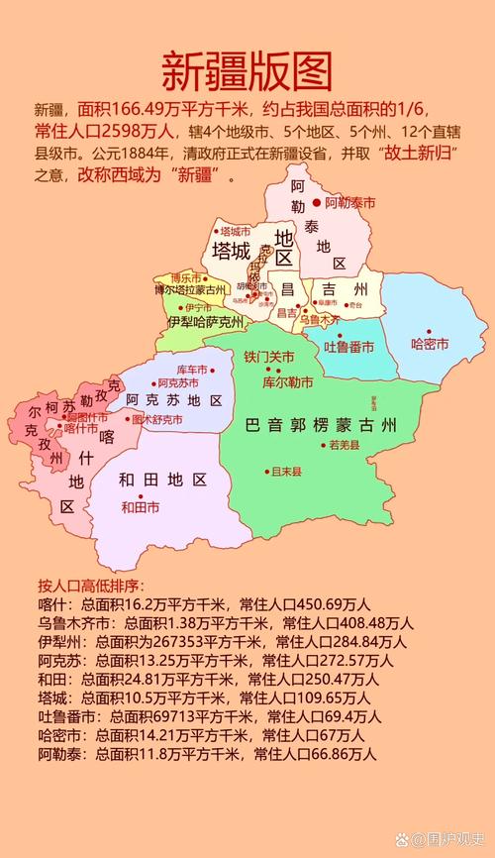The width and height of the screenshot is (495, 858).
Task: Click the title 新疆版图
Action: tap(247, 71)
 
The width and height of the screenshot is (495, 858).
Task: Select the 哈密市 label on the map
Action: tap(430, 344)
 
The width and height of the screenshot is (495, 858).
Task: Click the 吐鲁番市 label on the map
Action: tap(349, 347)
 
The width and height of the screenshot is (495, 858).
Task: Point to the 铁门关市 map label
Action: tap(269, 357)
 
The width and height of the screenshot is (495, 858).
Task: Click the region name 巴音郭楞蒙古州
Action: tap(321, 426)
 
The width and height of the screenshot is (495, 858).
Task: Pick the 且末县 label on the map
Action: tap(286, 472)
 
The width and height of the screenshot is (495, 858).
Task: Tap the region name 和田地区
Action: tap(162, 480)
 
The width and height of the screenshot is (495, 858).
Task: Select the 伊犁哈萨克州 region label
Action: tap(206, 322)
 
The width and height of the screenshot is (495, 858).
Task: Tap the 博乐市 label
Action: tap(186, 277)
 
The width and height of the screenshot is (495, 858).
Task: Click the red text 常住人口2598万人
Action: tap(107, 130)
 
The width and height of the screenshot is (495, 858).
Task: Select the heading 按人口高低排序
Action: tap(89, 584)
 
